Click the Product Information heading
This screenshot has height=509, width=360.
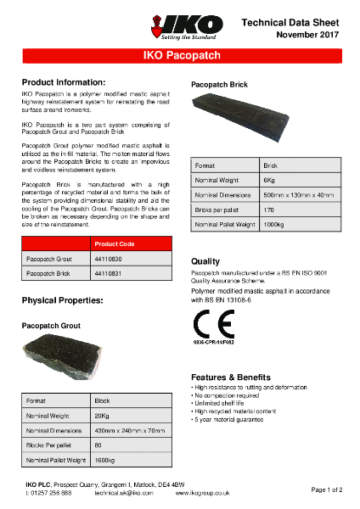(63, 82)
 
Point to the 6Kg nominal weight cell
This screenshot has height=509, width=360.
(269, 181)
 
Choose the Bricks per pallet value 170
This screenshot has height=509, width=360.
(269, 210)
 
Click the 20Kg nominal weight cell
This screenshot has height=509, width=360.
(102, 417)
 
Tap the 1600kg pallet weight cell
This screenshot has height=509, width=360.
(105, 460)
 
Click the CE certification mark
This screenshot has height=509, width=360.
(210, 326)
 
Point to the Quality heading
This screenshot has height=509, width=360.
(205, 261)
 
